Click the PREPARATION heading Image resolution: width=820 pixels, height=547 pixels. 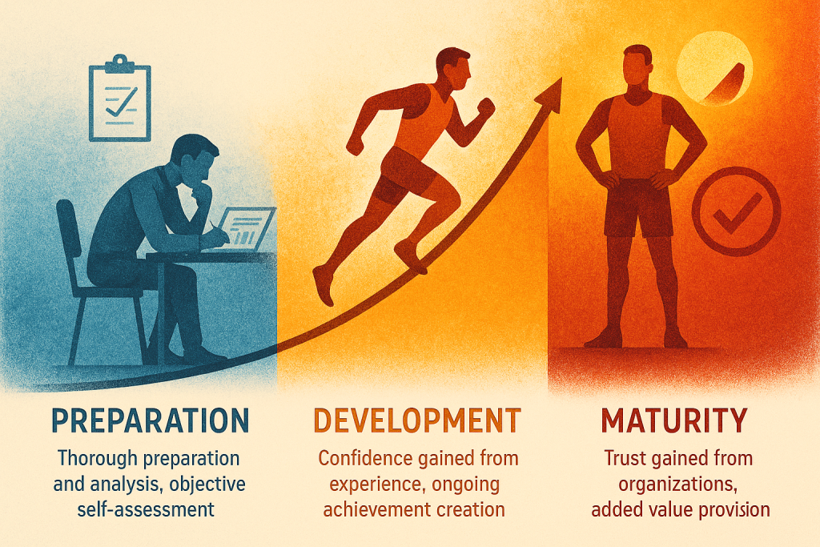point(151,420)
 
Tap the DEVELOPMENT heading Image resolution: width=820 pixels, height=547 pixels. point(416,420)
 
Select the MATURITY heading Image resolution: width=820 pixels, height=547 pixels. point(674,420)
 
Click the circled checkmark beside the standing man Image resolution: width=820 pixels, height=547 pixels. point(736,211)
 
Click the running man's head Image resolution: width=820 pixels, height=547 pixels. point(454,69)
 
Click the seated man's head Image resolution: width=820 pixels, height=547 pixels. point(195,159)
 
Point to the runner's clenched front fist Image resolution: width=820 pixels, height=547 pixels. point(486,108)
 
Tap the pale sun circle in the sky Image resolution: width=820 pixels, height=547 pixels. point(713,69)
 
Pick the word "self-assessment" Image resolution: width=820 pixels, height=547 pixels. point(146,509)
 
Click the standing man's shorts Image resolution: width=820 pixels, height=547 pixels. point(638,208)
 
